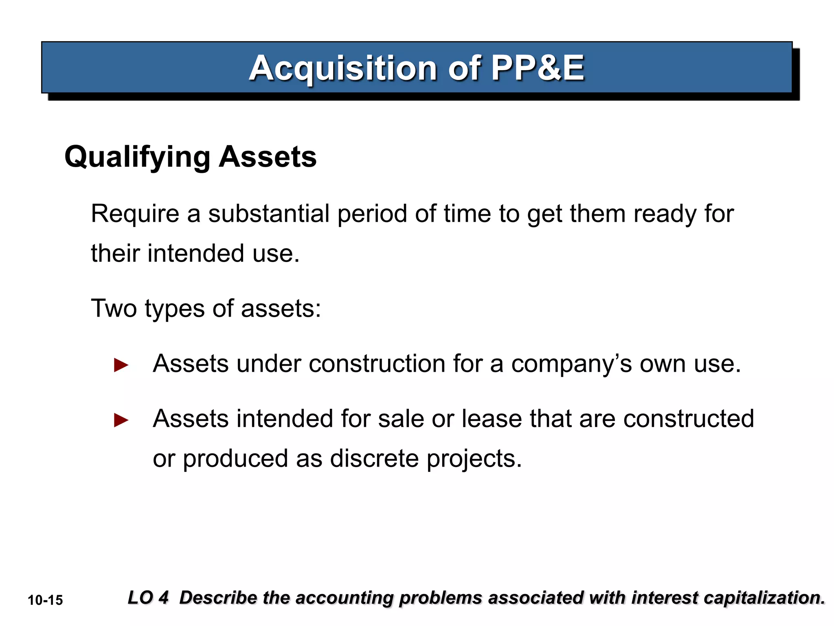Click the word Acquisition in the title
pyautogui.click(x=343, y=68)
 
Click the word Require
pyautogui.click(x=135, y=214)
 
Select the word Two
pyautogui.click(x=114, y=309)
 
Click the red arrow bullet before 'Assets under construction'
pyautogui.click(x=121, y=365)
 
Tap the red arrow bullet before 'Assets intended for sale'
pyautogui.click(x=121, y=420)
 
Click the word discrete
pyautogui.click(x=374, y=458)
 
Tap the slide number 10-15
pyautogui.click(x=45, y=600)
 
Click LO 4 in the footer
pyautogui.click(x=148, y=598)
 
